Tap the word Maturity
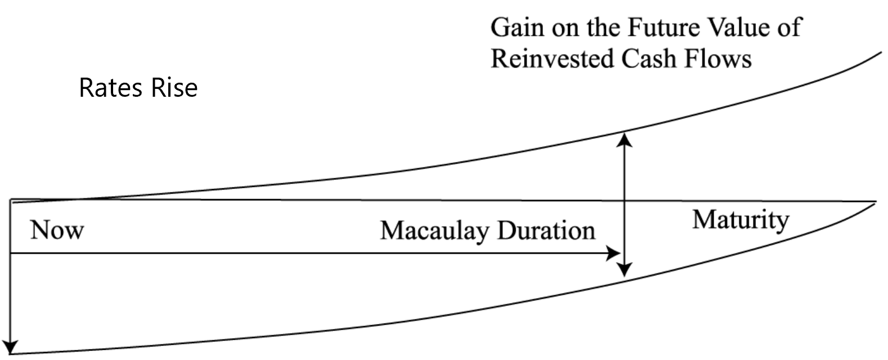pos(740,219)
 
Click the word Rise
pos(174,88)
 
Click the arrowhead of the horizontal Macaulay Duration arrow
pos(614,254)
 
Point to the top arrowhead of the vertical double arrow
pos(624,138)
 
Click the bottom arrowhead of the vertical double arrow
pos(624,270)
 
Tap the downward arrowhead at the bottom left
pos(11,347)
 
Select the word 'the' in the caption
pos(604,28)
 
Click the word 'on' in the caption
pos(565,28)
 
